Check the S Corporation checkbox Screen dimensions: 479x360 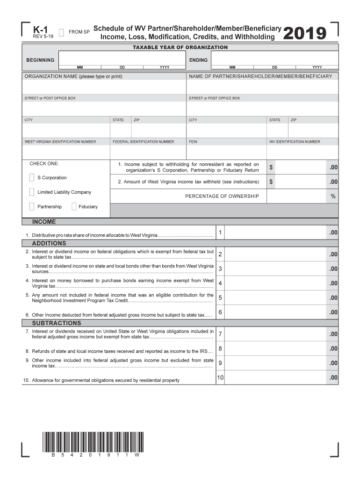[31, 178]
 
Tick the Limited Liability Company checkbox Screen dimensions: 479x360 [31, 192]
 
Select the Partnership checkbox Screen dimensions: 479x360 [31, 207]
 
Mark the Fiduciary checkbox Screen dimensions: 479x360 [74, 207]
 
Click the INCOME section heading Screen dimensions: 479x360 [43, 222]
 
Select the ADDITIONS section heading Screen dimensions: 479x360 [49, 243]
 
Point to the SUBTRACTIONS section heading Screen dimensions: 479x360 [56, 323]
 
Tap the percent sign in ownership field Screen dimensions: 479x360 [333, 196]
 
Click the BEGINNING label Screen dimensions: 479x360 [40, 60]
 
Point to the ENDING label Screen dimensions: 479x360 [199, 60]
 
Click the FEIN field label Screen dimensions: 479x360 [193, 142]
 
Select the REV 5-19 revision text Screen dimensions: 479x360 [43, 36]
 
